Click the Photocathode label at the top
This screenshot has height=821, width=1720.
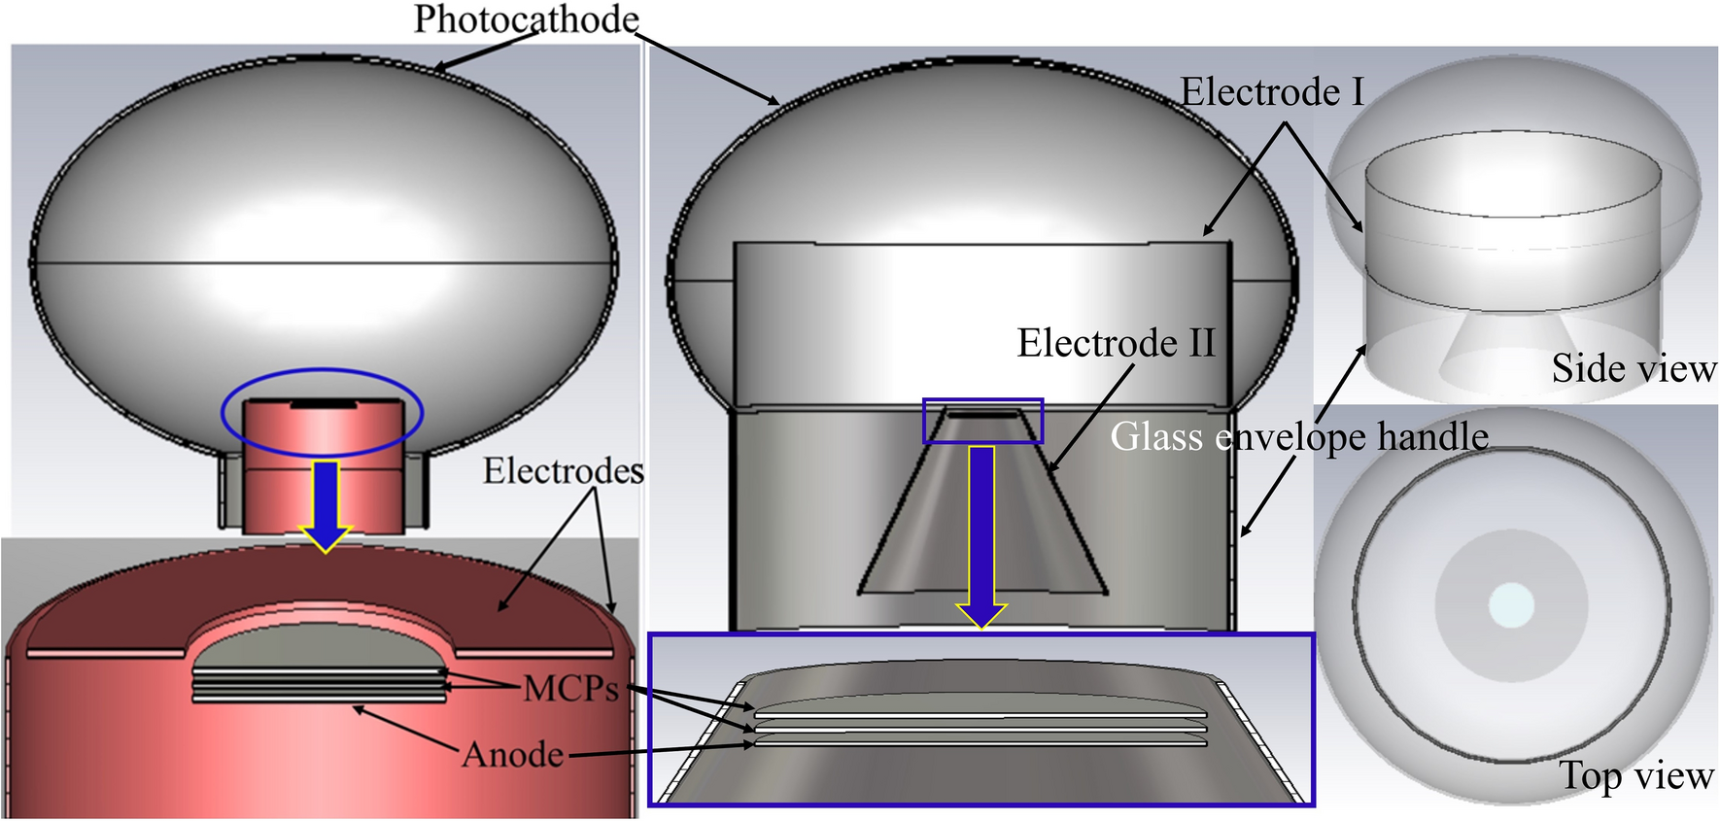[x=526, y=19]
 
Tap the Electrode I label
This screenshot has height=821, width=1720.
[x=1272, y=92]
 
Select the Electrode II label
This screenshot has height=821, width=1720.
[x=1116, y=343]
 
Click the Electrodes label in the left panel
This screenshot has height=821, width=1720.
[x=563, y=471]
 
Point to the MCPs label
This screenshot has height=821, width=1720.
[x=570, y=689]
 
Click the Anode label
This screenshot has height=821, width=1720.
[x=512, y=755]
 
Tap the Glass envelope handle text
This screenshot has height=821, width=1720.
[x=1299, y=436]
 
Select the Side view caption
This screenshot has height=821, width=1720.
[x=1634, y=368]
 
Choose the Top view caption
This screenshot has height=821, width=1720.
[x=1636, y=775]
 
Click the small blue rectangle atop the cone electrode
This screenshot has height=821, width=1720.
[x=982, y=421]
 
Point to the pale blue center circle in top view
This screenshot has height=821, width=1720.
[x=1511, y=605]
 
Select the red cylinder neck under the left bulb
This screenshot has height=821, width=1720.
[x=323, y=466]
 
